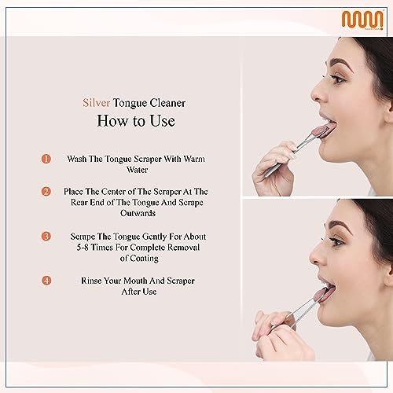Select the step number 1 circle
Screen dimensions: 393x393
click(46, 158)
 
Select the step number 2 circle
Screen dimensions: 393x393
click(46, 191)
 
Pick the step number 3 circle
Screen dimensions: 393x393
click(46, 235)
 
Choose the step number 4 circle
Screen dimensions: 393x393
click(46, 279)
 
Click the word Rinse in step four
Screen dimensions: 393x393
click(95, 280)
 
